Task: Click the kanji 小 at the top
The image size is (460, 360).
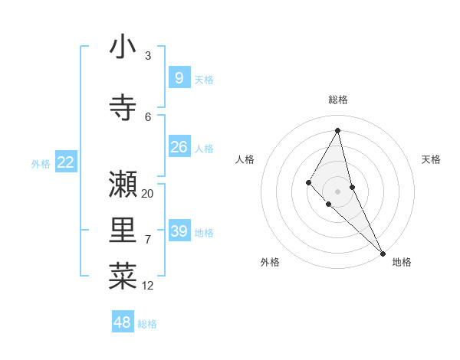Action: (x=123, y=47)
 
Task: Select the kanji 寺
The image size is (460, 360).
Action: (x=123, y=107)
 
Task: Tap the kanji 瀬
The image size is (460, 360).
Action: (x=123, y=184)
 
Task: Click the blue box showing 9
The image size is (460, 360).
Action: (x=179, y=78)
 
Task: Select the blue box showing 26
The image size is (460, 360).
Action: (x=179, y=147)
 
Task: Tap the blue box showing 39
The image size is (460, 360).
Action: (x=179, y=231)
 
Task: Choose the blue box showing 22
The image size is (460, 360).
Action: (x=66, y=162)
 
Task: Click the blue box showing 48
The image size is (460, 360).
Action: (x=123, y=322)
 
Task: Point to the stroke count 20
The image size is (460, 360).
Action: (x=148, y=194)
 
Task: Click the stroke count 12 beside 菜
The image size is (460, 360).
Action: (x=148, y=286)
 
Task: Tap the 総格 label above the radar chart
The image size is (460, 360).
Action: (x=338, y=100)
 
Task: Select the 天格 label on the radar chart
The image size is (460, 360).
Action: (x=432, y=159)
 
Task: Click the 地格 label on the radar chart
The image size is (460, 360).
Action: (x=402, y=262)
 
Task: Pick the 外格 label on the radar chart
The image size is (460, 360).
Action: (x=270, y=262)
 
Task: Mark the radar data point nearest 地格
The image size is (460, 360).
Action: (x=383, y=253)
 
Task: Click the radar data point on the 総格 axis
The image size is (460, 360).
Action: (x=338, y=130)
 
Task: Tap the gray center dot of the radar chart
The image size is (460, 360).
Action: (x=338, y=191)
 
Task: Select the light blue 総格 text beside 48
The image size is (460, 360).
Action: (x=147, y=324)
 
